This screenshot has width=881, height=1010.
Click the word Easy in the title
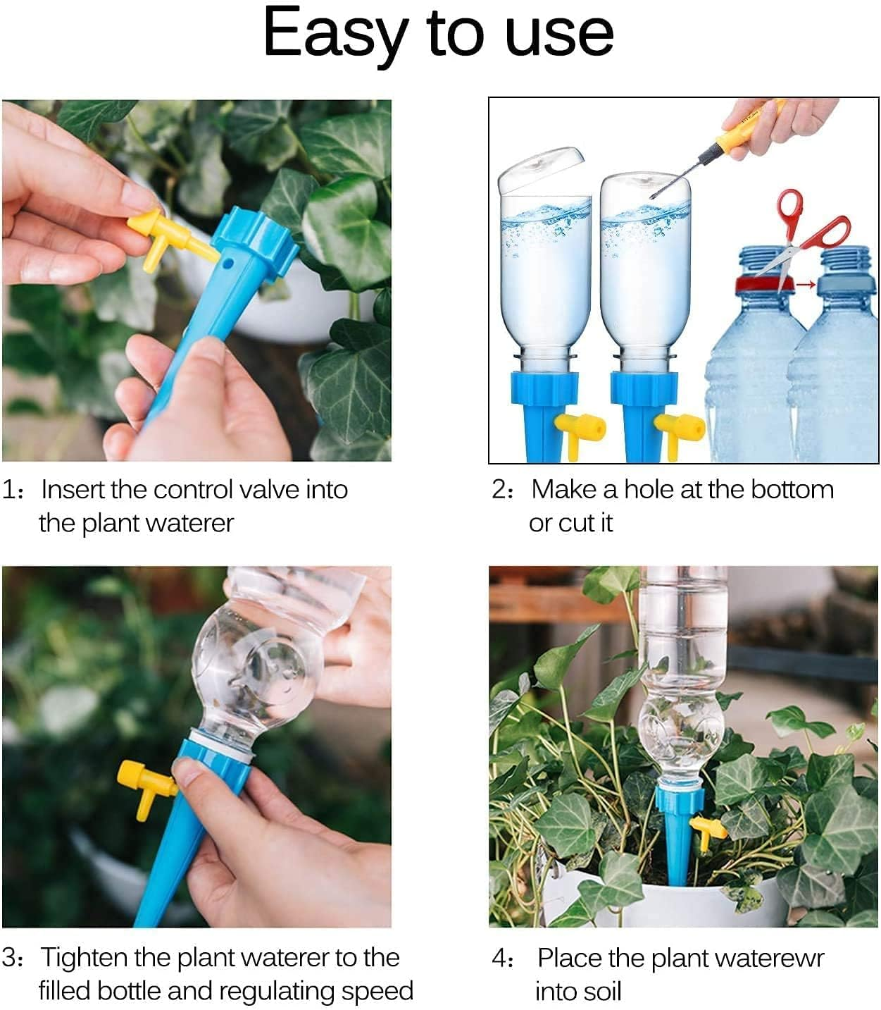point(336,34)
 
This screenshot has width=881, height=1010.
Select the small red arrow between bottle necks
point(807,285)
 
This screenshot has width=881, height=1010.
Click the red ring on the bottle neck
point(765,285)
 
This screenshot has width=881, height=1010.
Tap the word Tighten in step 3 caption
point(84,957)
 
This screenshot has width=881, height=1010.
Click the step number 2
point(499,489)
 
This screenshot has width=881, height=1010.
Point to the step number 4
point(499,958)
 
